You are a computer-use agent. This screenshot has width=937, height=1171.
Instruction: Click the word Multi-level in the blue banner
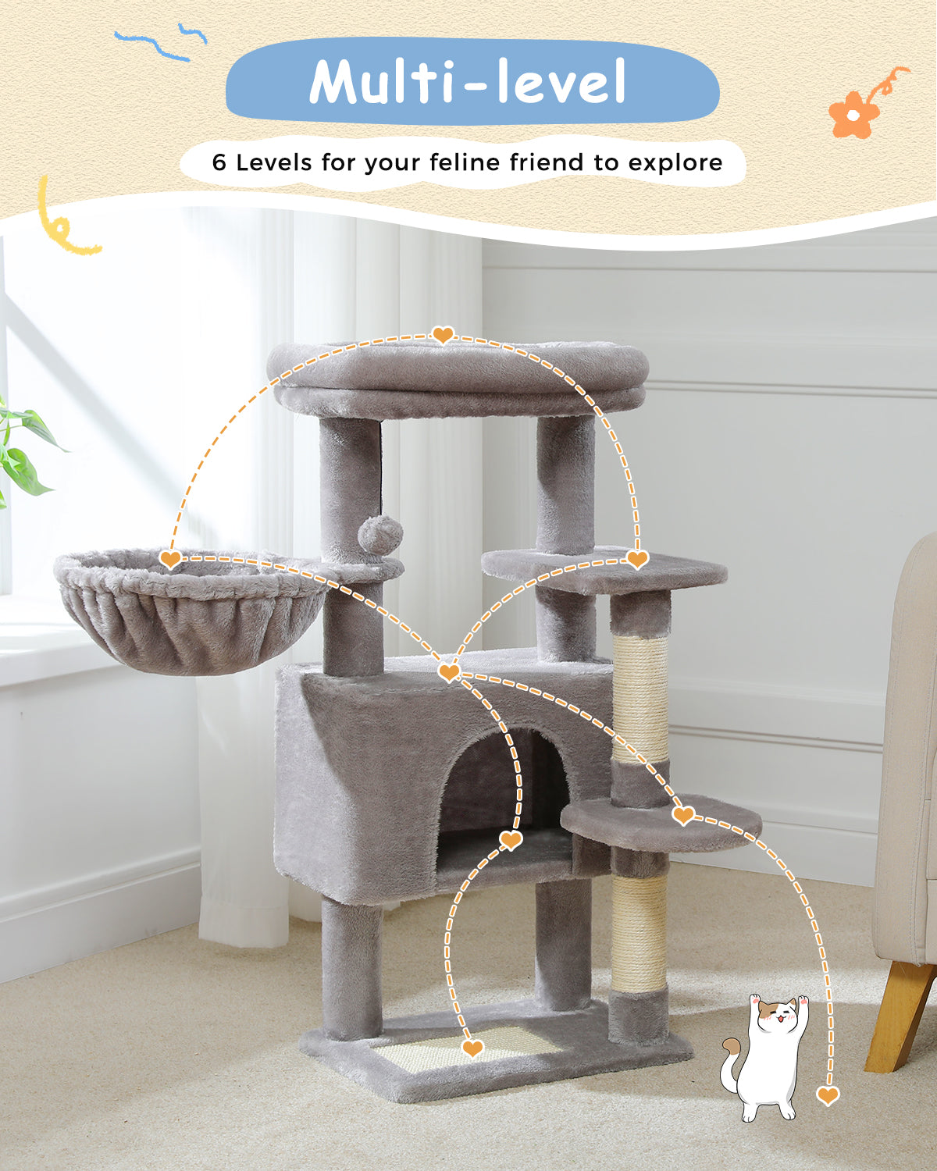pos(467,82)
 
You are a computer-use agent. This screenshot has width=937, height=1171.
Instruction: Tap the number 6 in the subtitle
pos(219,162)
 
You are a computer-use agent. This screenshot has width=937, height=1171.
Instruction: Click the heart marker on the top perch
pos(443,334)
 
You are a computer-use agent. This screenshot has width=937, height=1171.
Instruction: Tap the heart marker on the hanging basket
pos(170,559)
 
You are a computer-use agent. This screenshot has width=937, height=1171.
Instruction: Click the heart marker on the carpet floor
pos(828,1094)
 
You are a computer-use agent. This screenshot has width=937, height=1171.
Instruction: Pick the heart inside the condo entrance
pos(511,840)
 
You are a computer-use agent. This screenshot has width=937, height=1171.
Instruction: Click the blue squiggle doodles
pos(161,41)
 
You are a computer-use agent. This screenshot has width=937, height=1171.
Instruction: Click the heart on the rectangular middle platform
pos(637,559)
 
